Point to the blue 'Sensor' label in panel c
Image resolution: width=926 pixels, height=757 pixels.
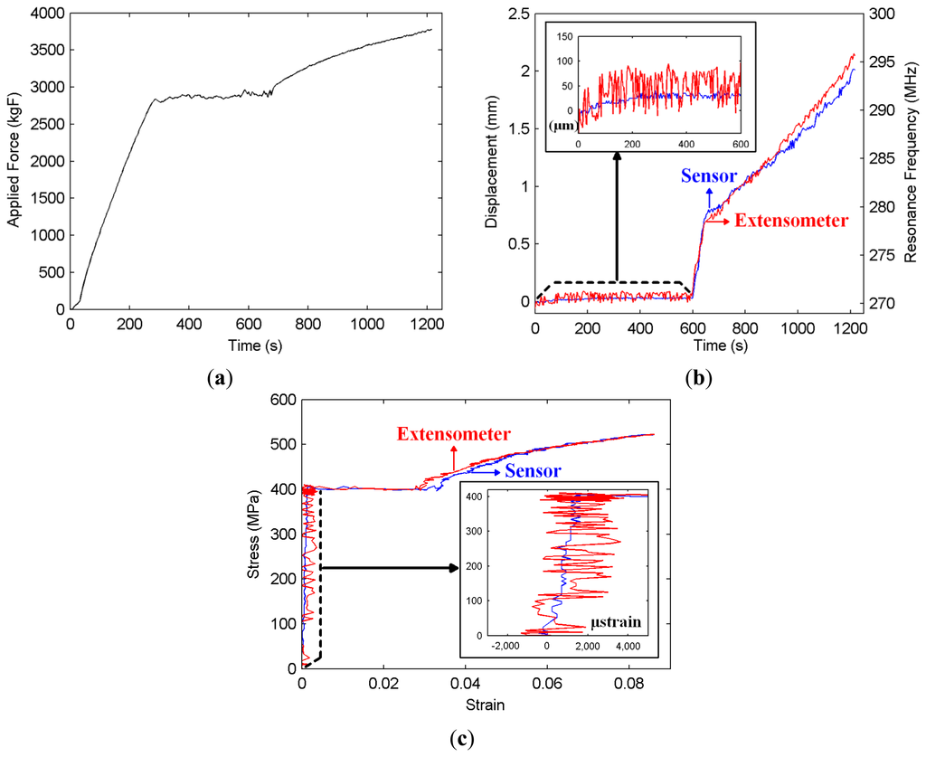(533, 470)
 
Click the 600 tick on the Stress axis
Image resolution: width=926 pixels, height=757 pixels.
(283, 401)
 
